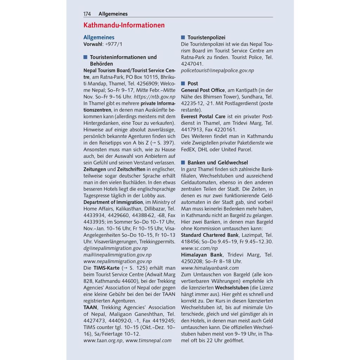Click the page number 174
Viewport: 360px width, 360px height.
coord(87,14)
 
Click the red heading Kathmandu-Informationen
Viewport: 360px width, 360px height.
coord(124,25)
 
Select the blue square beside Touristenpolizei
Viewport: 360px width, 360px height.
coord(183,37)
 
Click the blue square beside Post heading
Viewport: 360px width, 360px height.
coord(183,83)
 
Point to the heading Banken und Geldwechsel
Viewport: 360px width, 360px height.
coord(218,162)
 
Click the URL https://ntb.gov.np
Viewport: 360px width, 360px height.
coord(155,97)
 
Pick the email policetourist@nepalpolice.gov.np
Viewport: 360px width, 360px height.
coord(217,70)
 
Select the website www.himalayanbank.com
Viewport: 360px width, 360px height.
coord(210,268)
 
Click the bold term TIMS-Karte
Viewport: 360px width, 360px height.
coord(106,268)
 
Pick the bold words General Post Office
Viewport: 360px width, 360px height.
coord(203,90)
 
